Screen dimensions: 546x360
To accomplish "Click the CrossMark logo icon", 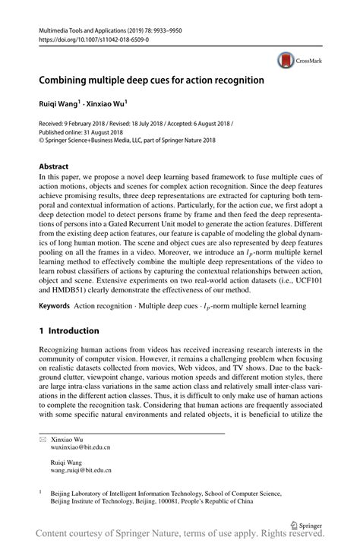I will click(286, 58).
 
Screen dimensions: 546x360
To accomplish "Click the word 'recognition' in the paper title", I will click(239, 79).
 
